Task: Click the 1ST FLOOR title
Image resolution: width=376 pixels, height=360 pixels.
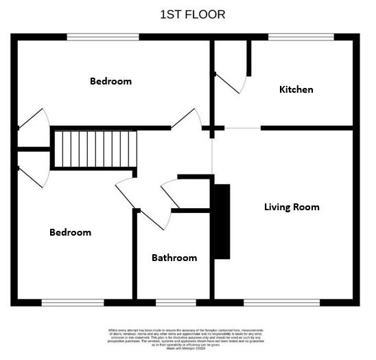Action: [x=192, y=14]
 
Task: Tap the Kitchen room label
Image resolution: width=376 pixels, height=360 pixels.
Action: [x=296, y=89]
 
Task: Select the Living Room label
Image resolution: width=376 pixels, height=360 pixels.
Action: [x=292, y=207]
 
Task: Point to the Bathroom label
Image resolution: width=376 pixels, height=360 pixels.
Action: [x=174, y=258]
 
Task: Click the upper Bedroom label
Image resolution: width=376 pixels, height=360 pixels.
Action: [x=110, y=81]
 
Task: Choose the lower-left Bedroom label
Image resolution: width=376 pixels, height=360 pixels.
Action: [x=70, y=232]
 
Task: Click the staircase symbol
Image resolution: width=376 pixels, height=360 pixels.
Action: [x=95, y=148]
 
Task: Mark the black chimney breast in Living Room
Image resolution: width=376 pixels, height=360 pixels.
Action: [x=222, y=221]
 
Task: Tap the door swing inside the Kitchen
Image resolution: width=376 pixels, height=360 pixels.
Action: [x=233, y=82]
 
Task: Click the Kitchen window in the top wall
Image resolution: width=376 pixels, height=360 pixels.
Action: [x=301, y=36]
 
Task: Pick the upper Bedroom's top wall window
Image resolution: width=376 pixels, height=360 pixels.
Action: [x=102, y=36]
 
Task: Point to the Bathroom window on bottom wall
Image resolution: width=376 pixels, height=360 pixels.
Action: [x=175, y=302]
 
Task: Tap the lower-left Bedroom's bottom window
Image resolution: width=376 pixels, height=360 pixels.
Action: [x=73, y=302]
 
